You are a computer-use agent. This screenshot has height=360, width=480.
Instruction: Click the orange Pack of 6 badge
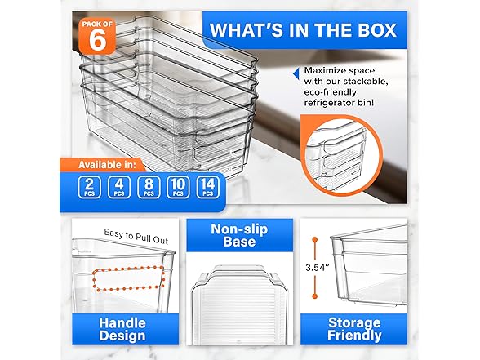(97, 37)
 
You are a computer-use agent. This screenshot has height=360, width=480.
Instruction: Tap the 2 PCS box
(90, 187)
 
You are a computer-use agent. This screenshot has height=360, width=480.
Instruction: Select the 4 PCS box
(119, 187)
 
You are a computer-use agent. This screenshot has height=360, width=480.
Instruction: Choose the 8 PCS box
(149, 187)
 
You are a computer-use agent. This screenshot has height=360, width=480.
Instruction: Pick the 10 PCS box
(178, 187)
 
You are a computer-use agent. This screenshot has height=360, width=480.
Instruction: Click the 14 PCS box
(208, 187)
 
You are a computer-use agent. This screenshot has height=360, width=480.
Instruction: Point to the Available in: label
(107, 165)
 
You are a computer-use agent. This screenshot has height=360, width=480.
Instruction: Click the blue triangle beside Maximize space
(296, 73)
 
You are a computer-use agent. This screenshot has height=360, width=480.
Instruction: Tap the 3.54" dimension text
(317, 268)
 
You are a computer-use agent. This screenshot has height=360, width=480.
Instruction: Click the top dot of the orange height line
(315, 239)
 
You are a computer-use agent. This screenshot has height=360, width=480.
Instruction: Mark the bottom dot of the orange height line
(315, 296)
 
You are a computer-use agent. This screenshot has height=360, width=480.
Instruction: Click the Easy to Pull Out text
(136, 237)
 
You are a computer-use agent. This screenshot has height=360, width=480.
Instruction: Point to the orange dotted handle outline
(93, 280)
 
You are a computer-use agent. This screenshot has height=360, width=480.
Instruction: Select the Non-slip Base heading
(239, 235)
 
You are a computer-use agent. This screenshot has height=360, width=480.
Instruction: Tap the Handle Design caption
(122, 330)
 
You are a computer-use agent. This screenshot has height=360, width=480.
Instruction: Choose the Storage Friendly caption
(354, 329)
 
